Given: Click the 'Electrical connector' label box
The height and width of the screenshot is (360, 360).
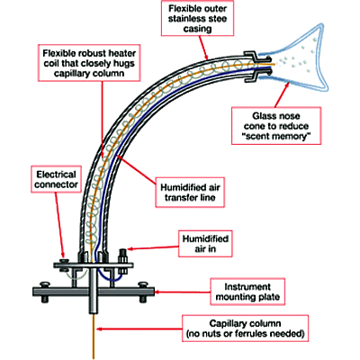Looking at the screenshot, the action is pyautogui.click(x=56, y=179).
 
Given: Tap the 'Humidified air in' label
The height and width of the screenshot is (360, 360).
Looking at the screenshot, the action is pyautogui.click(x=205, y=244).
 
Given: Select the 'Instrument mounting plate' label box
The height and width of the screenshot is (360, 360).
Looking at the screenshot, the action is pyautogui.click(x=247, y=292).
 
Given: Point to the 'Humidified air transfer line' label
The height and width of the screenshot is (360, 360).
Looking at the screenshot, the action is pyautogui.click(x=190, y=193).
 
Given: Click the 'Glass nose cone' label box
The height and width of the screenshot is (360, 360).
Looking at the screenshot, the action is pyautogui.click(x=276, y=126).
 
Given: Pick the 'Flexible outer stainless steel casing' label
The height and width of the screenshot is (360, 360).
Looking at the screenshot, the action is pyautogui.click(x=197, y=19).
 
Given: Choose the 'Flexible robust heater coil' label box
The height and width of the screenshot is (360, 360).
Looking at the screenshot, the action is pyautogui.click(x=89, y=63).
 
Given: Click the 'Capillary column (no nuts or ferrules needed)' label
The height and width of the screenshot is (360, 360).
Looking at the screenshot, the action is pyautogui.click(x=245, y=328).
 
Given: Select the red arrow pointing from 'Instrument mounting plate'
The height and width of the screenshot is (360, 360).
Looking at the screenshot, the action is pyautogui.click(x=183, y=292).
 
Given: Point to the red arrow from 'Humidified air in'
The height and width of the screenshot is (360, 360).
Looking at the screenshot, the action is pyautogui.click(x=153, y=248).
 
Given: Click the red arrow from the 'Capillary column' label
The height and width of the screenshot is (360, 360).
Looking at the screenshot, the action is pyautogui.click(x=140, y=329).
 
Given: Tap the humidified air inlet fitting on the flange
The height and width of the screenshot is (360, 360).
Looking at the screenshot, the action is pyautogui.click(x=122, y=256).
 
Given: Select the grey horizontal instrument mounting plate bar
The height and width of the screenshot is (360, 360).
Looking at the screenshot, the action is pyautogui.click(x=94, y=291).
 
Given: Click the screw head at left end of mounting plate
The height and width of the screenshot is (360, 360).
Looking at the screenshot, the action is pyautogui.click(x=45, y=283).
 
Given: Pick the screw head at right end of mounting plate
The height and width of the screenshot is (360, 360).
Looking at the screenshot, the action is pyautogui.click(x=142, y=283).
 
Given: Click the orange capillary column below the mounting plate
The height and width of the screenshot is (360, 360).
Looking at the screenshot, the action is pyautogui.click(x=94, y=336).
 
